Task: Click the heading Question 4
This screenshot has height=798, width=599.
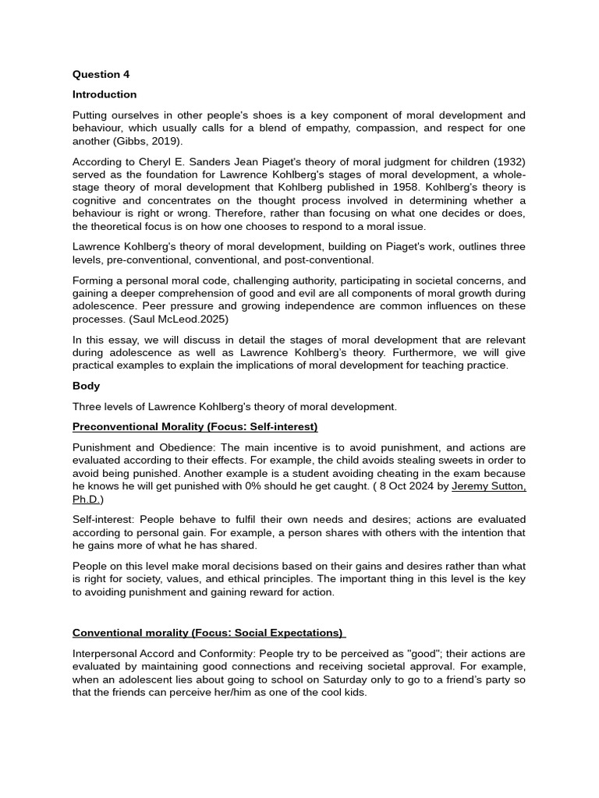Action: coord(101,75)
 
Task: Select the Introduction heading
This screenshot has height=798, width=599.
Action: coord(104,94)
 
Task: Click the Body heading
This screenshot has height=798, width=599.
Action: coord(86,386)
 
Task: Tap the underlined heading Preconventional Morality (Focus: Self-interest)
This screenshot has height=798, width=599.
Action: coord(195,426)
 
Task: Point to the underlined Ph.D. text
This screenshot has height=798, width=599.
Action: coord(87,500)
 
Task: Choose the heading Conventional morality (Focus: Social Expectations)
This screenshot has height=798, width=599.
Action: coord(207,632)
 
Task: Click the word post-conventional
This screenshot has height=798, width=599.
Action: coord(328,260)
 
